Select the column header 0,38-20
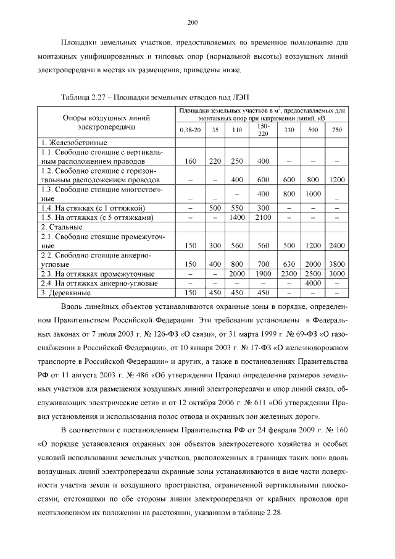point(190,130)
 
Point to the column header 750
point(336,130)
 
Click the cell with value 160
point(190,161)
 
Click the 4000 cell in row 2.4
point(313,283)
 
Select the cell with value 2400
point(336,245)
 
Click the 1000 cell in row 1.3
point(313,194)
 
